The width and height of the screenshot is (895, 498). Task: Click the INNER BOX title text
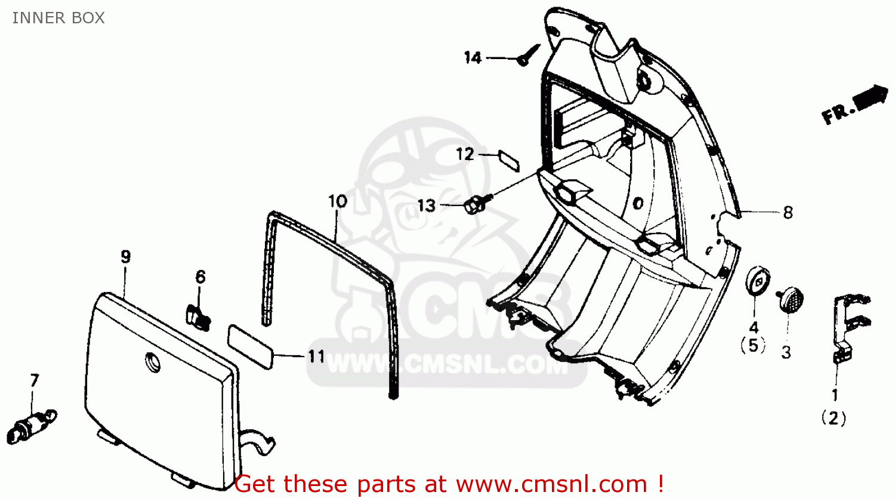[x=58, y=18]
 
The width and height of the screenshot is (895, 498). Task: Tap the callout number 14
[x=473, y=58]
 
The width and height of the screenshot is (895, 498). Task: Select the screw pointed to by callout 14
[x=528, y=55]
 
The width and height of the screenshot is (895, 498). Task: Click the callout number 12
[x=465, y=154]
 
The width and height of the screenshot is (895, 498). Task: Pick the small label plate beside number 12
[x=509, y=161]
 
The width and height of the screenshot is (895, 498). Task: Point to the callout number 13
[x=427, y=206]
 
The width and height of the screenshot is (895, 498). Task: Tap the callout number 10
[x=338, y=202]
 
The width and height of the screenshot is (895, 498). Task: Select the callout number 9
[x=125, y=257]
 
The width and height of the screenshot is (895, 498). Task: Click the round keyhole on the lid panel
[x=152, y=362]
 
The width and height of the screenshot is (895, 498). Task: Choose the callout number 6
[x=200, y=277]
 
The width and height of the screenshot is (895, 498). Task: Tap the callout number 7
[x=35, y=380]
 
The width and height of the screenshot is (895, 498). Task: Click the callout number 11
[x=316, y=356]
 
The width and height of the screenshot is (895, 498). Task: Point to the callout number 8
[x=788, y=213]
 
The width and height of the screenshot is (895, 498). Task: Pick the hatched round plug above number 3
[x=791, y=299]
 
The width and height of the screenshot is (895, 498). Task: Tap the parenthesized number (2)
[x=834, y=419]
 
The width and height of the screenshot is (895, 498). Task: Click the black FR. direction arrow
[x=870, y=98]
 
